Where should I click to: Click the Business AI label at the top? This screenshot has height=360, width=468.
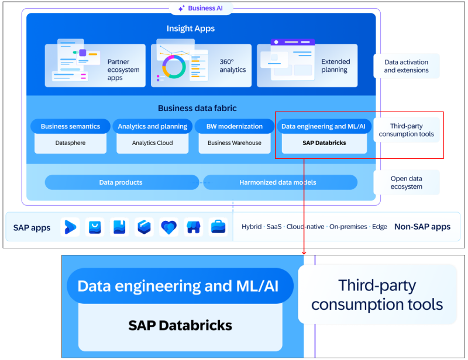[x=201, y=8]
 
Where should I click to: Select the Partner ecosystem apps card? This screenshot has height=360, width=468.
[x=95, y=65]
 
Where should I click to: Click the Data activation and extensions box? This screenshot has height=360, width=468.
[x=406, y=66]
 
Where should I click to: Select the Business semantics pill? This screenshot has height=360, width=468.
[x=70, y=126]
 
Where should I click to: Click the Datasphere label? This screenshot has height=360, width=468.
[x=70, y=143]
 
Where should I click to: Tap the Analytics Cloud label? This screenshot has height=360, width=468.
[x=152, y=143]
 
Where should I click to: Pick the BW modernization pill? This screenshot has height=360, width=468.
[x=234, y=126]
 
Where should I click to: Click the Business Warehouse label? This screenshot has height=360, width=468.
[x=234, y=143]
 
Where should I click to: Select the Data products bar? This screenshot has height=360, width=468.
[x=121, y=182]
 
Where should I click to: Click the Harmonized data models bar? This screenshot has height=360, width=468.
[x=278, y=182]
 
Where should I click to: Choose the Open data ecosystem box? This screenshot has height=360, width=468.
[x=406, y=182]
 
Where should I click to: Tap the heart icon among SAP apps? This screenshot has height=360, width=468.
[x=168, y=227]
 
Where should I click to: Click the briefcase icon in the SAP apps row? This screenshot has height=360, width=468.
[x=218, y=227]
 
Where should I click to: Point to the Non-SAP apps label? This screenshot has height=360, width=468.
[x=422, y=227]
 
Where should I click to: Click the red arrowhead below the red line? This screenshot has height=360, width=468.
[x=304, y=252]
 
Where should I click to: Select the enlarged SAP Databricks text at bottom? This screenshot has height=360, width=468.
[x=180, y=325]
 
